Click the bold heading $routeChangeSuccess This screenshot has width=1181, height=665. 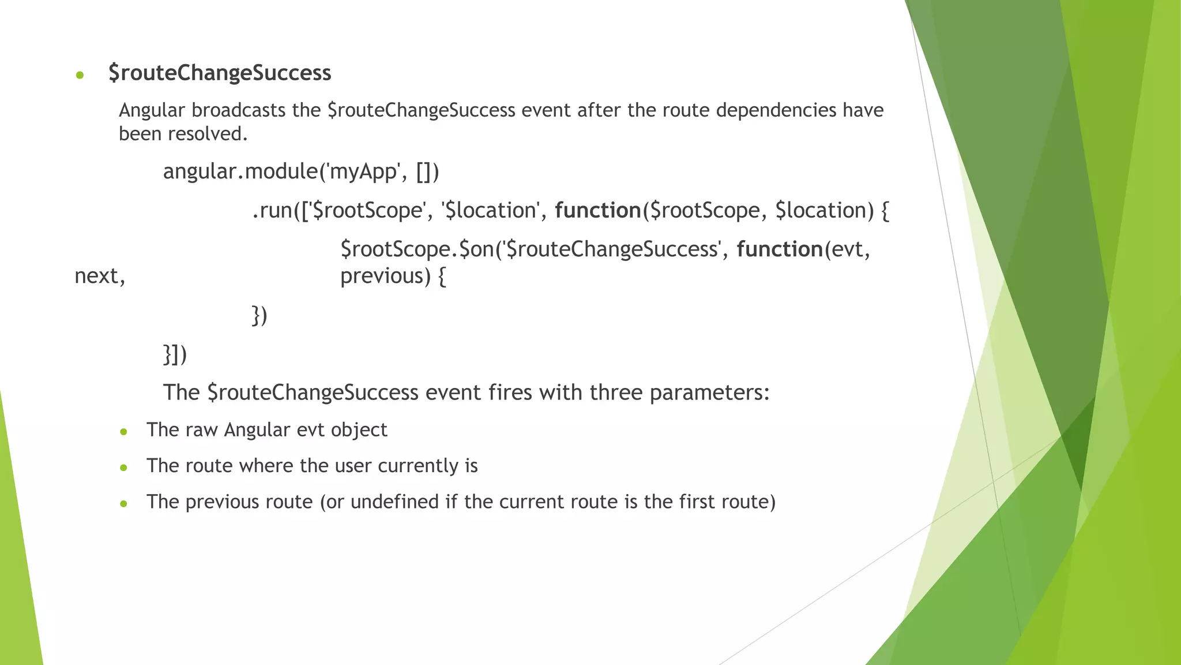point(220,73)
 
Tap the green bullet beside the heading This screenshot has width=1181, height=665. point(80,75)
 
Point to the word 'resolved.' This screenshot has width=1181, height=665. point(208,134)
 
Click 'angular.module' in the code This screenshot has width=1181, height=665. point(239,171)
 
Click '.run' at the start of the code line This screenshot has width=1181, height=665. point(272,211)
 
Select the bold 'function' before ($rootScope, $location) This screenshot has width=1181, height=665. point(597,211)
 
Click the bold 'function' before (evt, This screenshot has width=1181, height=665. point(780,249)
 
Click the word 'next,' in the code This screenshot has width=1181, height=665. point(100,277)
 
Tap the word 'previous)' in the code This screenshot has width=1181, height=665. point(385,277)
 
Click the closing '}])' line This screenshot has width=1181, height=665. point(175,354)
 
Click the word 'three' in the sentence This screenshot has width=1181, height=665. point(616,393)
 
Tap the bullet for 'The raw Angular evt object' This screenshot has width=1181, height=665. point(123,432)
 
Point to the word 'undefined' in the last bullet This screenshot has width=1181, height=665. point(394,502)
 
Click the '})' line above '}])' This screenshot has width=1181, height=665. point(259,316)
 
